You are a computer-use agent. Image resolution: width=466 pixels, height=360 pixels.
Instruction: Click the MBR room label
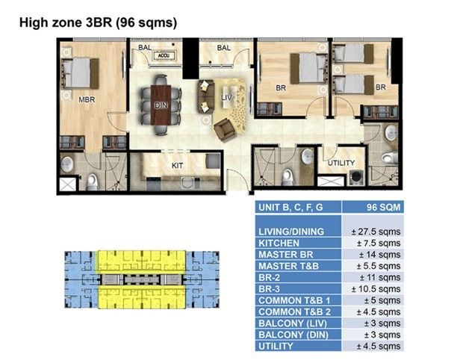87,99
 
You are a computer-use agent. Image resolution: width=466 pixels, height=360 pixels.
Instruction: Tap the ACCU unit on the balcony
164,55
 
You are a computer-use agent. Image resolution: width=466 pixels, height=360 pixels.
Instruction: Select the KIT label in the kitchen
178,165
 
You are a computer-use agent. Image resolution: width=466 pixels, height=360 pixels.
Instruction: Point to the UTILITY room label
341,163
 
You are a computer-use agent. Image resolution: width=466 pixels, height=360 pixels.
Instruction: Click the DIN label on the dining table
161,105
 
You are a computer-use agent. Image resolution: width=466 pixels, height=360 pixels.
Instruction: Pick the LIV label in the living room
227,98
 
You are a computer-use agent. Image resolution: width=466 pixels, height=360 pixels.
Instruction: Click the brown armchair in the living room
225,129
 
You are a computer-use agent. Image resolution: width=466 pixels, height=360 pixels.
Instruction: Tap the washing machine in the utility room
356,178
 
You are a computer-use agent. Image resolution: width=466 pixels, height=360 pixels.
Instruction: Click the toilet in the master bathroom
92,182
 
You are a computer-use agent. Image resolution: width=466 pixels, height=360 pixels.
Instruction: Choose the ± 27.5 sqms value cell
376,232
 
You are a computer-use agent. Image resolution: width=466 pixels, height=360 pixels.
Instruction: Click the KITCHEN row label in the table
279,243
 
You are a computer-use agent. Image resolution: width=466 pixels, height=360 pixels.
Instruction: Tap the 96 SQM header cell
383,207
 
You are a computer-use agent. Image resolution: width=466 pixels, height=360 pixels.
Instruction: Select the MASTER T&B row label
288,266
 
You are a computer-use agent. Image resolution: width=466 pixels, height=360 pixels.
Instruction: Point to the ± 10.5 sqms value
376,289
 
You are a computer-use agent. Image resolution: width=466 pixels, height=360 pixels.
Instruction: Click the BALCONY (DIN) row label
293,335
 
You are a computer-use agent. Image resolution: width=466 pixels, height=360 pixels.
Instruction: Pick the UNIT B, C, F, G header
291,207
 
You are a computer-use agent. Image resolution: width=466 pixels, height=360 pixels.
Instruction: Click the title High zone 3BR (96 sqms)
98,22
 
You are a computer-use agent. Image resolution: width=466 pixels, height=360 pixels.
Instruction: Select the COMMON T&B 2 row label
294,312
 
